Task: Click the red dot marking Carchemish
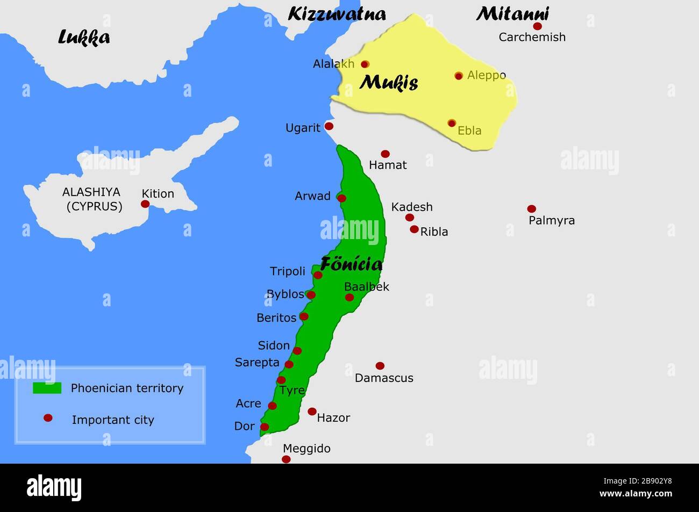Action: [537, 26]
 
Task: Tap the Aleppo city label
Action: [486, 75]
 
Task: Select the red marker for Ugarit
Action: [329, 126]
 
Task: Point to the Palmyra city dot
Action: [531, 208]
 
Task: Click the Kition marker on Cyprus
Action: [145, 204]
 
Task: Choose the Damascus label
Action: [384, 378]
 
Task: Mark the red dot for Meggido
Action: [286, 459]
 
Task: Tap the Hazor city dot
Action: [312, 412]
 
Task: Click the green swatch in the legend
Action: [47, 388]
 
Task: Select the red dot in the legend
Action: [48, 418]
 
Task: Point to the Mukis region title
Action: [389, 83]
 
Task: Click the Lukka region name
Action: [84, 37]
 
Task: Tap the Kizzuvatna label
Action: [337, 14]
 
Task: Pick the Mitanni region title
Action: [512, 13]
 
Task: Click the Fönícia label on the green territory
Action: [352, 264]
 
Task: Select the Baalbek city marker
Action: [349, 297]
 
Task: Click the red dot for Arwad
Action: [341, 198]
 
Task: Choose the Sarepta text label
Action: [257, 363]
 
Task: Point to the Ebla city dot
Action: [452, 123]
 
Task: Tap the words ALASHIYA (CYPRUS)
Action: [92, 199]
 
